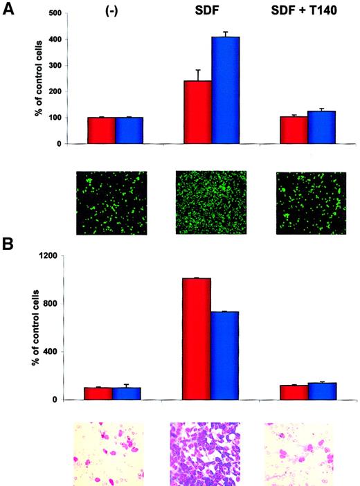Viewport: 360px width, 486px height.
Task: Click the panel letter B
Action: click(x=10, y=244)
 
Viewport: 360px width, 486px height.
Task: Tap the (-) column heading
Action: click(x=107, y=13)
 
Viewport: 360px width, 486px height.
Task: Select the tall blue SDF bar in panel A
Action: click(x=225, y=90)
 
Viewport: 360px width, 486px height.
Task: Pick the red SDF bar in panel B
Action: click(x=196, y=339)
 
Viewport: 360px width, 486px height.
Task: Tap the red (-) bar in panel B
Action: click(x=98, y=393)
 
